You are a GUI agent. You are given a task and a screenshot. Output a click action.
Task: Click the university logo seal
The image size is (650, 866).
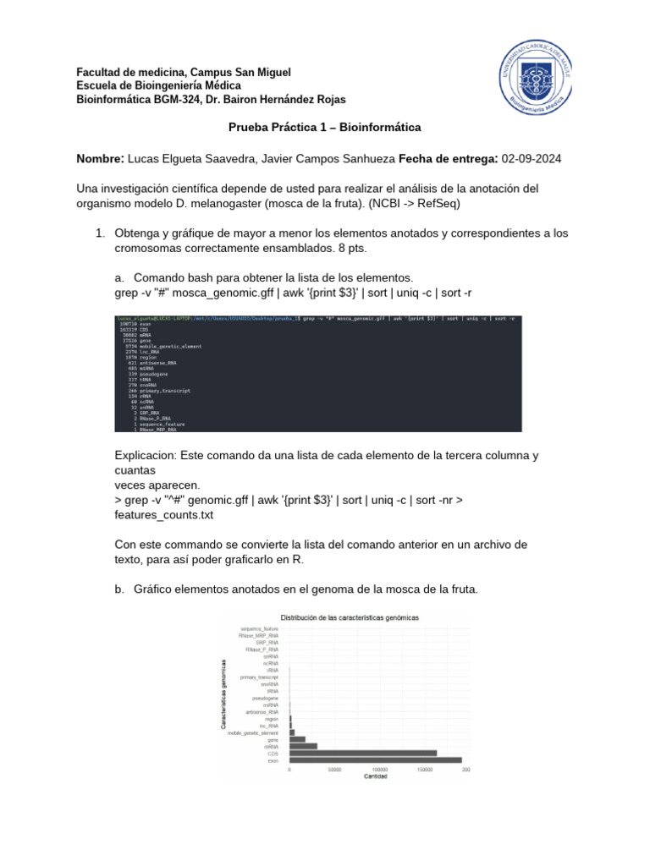(532, 86)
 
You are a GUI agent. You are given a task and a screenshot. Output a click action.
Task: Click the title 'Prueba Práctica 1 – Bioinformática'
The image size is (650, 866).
(325, 128)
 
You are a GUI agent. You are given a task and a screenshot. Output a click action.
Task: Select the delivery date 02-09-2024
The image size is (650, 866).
(531, 159)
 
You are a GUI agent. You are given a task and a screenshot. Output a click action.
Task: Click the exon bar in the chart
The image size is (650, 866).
(376, 761)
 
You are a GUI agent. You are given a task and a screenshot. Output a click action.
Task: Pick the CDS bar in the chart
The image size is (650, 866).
(363, 753)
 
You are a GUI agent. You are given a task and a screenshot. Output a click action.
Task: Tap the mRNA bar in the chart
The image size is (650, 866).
(303, 746)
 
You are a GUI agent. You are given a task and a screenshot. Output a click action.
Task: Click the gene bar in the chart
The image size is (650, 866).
(297, 739)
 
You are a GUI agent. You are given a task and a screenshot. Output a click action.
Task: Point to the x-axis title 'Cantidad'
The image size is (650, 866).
(377, 776)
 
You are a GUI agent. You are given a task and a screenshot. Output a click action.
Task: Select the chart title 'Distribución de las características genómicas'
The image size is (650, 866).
(349, 618)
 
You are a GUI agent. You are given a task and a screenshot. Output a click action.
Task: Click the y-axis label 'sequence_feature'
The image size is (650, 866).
(259, 629)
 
